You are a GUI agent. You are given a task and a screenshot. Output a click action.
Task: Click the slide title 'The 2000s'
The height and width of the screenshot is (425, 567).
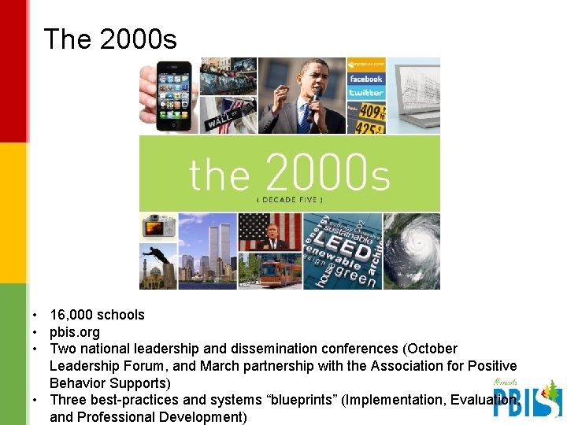click(110, 39)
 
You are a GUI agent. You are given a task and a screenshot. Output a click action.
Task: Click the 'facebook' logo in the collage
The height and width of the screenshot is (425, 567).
click(366, 79)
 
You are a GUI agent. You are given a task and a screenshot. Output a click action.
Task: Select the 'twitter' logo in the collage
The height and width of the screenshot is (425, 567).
click(366, 92)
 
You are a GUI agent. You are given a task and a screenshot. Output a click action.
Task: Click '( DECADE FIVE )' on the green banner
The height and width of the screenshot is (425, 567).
click(289, 199)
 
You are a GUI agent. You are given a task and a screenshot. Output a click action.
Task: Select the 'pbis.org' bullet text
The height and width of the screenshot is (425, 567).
click(75, 331)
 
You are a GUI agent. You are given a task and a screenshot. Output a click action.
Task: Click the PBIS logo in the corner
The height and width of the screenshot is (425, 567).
click(526, 398)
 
